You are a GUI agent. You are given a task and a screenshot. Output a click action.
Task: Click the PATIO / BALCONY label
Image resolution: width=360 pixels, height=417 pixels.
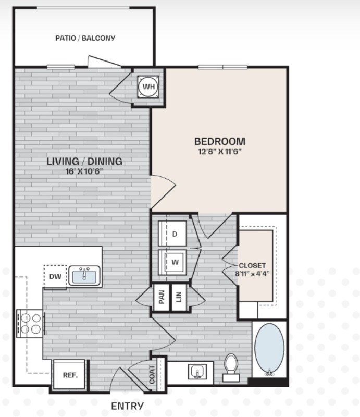85,38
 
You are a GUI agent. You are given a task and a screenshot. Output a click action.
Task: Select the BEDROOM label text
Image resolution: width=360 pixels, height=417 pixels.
219,141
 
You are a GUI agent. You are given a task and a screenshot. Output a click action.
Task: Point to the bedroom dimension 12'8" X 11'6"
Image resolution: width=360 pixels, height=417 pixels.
219,151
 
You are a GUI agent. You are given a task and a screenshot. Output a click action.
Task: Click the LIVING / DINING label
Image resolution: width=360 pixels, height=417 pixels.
85,161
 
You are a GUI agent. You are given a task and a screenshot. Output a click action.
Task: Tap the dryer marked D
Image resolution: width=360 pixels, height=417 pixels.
175,234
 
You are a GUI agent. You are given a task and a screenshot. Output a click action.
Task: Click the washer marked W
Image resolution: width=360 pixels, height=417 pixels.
175,262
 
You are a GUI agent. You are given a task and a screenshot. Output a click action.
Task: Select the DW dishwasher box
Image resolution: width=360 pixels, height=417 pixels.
55,276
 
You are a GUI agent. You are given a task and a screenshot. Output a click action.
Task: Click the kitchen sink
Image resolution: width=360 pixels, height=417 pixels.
84,275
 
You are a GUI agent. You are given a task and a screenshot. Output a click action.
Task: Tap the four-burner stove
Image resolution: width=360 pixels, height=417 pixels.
30,323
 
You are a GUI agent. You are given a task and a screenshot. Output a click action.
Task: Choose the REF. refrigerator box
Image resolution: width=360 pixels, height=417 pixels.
70,375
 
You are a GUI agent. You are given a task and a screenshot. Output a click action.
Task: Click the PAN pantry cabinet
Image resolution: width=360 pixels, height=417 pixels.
162,298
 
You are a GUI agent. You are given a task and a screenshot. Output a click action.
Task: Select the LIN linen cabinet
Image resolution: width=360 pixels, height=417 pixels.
179,298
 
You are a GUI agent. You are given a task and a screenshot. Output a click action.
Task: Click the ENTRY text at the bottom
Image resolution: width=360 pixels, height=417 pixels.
128,405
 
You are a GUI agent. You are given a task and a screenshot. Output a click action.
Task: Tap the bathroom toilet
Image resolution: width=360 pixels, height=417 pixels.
231,367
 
